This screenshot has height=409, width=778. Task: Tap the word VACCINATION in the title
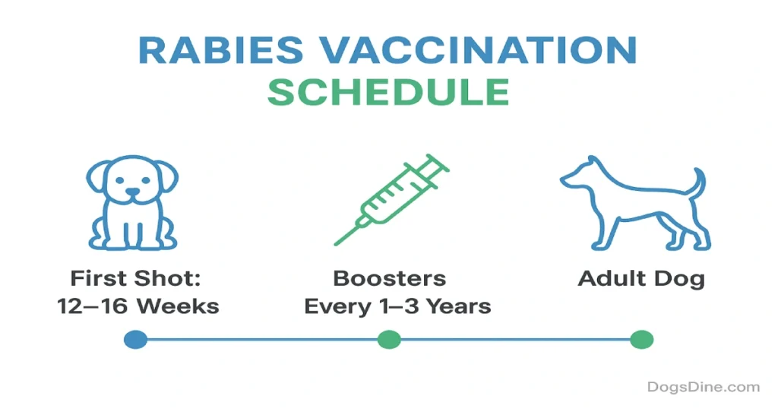click(x=478, y=49)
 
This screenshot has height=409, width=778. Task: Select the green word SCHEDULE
click(x=388, y=92)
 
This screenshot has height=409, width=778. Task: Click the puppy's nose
click(x=132, y=191)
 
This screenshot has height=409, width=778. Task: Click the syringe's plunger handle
click(x=437, y=163)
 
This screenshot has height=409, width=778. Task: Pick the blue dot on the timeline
click(x=135, y=340)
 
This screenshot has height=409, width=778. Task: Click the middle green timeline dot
click(x=389, y=340)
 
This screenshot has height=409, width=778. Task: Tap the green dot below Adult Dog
click(x=641, y=340)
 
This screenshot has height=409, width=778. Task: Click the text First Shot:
click(x=135, y=278)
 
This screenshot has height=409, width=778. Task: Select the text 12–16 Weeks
click(x=138, y=306)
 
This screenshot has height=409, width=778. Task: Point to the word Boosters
click(x=390, y=278)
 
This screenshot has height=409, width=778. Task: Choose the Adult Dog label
click(x=641, y=279)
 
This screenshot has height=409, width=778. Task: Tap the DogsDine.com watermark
click(x=704, y=387)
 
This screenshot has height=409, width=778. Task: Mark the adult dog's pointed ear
click(x=591, y=162)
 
